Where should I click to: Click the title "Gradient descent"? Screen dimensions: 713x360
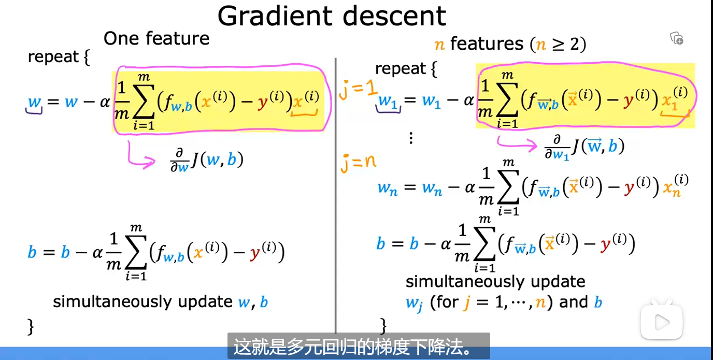tap(332, 16)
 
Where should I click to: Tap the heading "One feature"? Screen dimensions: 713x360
tap(156, 38)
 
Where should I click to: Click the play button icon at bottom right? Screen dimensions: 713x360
tap(662, 322)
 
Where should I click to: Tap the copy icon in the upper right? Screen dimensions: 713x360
tap(677, 38)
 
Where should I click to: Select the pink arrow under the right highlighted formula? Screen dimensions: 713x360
tap(516, 144)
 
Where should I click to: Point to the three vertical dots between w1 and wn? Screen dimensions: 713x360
tap(411, 138)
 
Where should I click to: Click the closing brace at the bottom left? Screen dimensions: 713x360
tap(31, 326)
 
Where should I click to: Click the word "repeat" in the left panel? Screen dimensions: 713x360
tap(53, 57)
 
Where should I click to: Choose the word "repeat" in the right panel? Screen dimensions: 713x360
tap(401, 69)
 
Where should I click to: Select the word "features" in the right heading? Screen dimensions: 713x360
tap(487, 44)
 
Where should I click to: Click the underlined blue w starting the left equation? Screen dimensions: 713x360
tap(34, 102)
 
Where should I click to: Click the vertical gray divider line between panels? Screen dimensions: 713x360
tap(335, 195)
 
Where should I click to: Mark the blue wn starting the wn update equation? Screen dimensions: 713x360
tap(388, 189)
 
